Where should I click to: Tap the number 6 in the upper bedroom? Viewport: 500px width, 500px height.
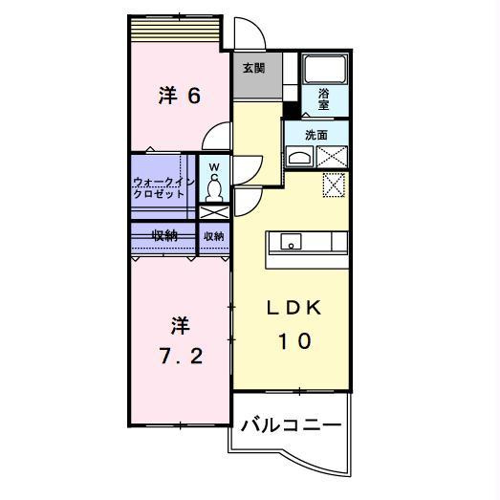pos(192,97)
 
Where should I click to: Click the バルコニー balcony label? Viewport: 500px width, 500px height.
pos(290,424)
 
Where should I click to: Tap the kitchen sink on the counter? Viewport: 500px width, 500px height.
pos(290,240)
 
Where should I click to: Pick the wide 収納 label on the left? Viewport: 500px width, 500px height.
pos(164,234)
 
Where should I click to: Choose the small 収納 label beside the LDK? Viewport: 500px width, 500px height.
pos(213,235)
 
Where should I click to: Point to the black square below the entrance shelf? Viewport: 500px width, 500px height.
pos(289,109)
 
